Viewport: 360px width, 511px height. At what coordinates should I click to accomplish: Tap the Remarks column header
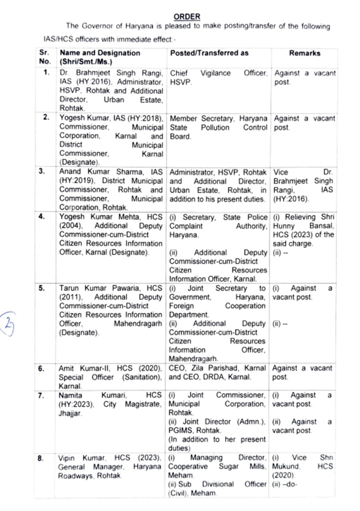[304, 53]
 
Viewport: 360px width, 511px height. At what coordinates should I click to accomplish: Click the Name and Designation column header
[100, 53]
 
